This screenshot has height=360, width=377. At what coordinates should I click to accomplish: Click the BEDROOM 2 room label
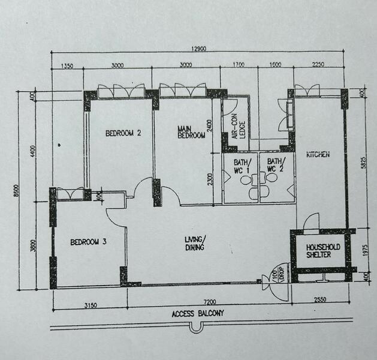[123, 133]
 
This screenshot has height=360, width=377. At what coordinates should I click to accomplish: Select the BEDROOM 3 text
[88, 242]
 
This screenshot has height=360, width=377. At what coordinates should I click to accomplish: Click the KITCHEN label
[318, 155]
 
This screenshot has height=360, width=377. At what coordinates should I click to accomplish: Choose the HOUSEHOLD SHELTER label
[324, 251]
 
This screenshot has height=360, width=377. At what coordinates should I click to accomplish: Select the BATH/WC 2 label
[276, 165]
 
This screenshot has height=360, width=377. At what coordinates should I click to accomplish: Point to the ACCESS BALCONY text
[197, 313]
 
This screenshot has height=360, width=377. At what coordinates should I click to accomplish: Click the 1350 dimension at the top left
[66, 67]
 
